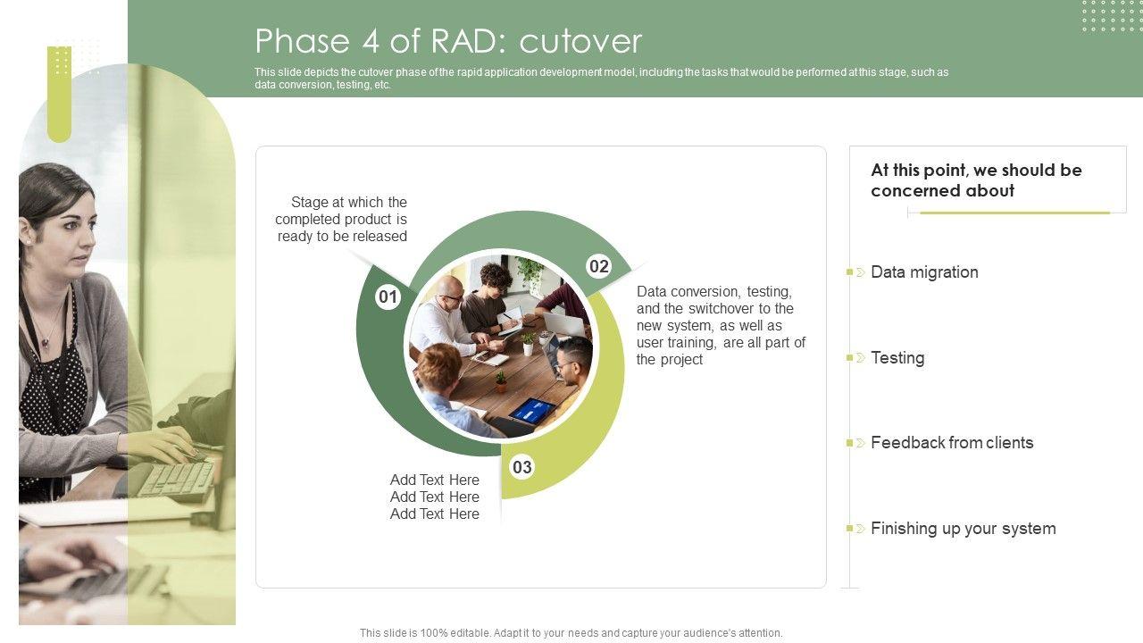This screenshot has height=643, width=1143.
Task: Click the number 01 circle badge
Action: coord(388,296)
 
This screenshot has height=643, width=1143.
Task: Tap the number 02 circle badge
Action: coord(599,266)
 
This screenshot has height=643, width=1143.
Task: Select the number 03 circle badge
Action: coord(522,467)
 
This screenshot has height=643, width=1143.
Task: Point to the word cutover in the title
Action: coord(580,41)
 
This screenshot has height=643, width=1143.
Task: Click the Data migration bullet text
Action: coord(924,272)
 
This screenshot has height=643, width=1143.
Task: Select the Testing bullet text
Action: coord(897,358)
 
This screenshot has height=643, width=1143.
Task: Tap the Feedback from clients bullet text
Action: coord(952,442)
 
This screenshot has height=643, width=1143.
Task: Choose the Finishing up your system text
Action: coord(964,528)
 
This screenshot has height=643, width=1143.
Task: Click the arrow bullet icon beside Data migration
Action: coord(860,272)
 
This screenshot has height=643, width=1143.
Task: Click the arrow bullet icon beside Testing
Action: coord(860,358)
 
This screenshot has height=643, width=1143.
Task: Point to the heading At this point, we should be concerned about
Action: coord(976,180)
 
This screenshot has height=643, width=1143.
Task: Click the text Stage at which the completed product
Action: coord(341,219)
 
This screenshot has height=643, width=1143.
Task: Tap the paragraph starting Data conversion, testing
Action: coord(721,325)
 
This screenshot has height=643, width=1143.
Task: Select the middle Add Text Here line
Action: coord(435,497)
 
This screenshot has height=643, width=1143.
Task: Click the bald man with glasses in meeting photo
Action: coord(444,316)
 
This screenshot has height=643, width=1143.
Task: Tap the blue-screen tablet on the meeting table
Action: coord(531,411)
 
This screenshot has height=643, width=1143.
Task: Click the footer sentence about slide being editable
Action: coord(571,633)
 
